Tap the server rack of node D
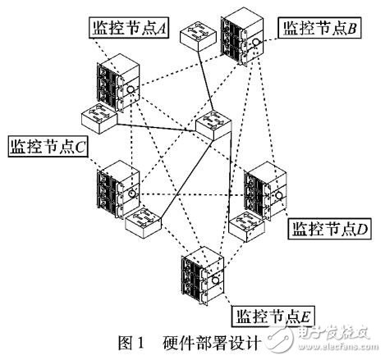click(268, 194)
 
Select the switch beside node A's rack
click(99, 120)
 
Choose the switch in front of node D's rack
click(245, 227)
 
